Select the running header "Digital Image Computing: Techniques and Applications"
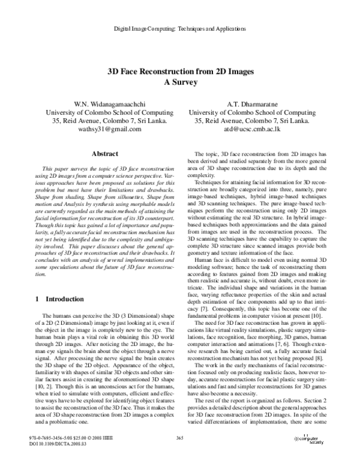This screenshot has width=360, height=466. tap(180, 29)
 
